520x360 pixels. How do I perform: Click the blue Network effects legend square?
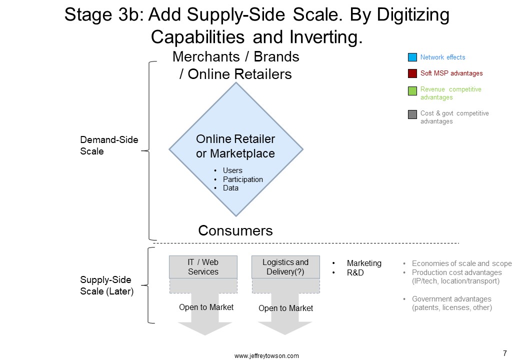[412, 57]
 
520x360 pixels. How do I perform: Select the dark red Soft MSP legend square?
[412, 73]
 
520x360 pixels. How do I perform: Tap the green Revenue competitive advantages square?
[412, 91]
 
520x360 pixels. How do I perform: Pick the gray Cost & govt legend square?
[412, 114]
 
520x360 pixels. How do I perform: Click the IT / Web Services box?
[203, 267]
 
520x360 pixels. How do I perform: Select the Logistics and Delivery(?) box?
[285, 267]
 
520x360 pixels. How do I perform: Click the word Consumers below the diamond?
[235, 230]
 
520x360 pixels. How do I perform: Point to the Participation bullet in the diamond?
[243, 179]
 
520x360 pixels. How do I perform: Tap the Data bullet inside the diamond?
[230, 188]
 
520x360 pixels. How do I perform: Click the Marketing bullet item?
[364, 263]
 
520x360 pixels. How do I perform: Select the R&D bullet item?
[355, 273]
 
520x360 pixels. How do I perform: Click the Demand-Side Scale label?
[109, 145]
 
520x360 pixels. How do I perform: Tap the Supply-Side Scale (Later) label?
[107, 285]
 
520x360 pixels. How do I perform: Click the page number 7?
[504, 353]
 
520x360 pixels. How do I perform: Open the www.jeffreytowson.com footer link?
[266, 355]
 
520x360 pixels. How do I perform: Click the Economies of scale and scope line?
[461, 263]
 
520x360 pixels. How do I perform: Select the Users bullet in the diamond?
[232, 170]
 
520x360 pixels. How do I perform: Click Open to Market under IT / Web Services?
[206, 307]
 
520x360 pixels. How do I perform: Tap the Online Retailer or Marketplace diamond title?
[235, 146]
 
